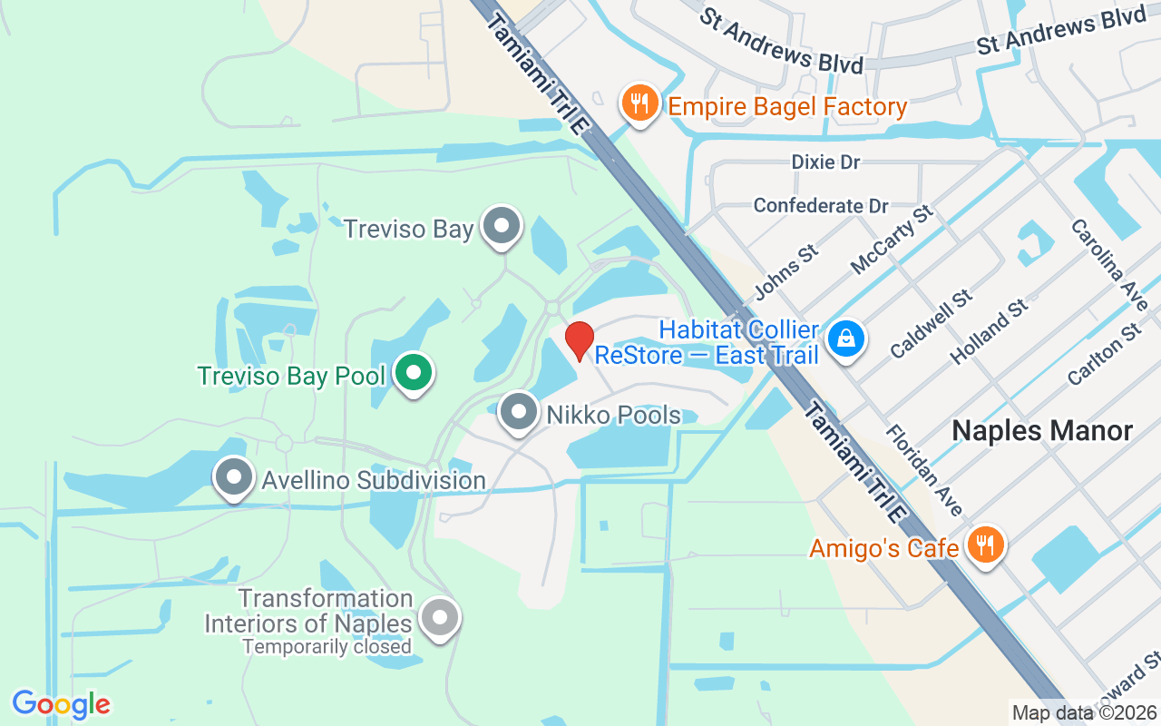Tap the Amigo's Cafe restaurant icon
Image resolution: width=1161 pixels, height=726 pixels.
[983, 545]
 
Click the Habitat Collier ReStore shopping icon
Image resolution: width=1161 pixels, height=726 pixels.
[845, 340]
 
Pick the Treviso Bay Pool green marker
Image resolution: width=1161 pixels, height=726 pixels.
[414, 373]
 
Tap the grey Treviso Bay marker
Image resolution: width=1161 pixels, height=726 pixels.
[500, 227]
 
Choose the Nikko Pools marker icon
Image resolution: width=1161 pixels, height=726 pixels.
[519, 413]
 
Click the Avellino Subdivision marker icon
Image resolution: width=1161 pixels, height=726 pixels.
[234, 477]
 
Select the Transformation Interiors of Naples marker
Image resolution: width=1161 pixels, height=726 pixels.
[440, 619]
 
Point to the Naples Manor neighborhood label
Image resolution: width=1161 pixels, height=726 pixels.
[1042, 431]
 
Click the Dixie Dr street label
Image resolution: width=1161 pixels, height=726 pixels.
[825, 162]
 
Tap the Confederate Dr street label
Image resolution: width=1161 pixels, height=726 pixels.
[821, 206]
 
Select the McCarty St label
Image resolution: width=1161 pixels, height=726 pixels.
[892, 240]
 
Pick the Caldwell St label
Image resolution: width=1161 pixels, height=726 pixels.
[932, 323]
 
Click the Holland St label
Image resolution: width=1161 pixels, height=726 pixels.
[990, 331]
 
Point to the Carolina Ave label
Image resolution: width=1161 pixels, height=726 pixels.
[1108, 264]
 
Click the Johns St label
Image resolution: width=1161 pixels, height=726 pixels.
[786, 271]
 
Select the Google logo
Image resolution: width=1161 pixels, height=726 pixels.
[61, 704]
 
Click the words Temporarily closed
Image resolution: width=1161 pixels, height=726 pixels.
[327, 647]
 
